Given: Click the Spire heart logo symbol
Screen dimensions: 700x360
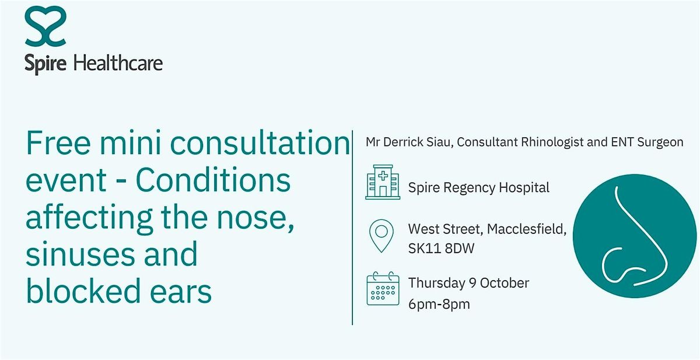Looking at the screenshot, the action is pos(45,26).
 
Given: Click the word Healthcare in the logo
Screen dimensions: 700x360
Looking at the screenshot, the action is pos(118,63).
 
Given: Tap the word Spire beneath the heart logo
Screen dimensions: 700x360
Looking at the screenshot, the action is pos(45,64).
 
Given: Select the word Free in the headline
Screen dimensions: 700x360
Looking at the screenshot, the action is pos(58,142).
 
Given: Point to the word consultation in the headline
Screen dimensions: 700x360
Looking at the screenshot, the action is pos(260,142).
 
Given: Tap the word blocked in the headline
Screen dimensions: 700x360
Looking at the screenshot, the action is pos(83,291).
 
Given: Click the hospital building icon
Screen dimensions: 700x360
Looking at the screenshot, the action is pos(383,182).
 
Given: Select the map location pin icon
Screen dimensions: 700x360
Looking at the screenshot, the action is pos(381,236).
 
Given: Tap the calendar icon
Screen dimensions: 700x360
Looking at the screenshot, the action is pos(383,288).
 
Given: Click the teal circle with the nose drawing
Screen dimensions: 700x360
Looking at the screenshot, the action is pos(635,236).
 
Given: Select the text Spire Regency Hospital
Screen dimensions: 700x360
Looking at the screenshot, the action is pos(479,188).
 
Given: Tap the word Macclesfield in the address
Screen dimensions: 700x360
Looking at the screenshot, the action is pos(527,229).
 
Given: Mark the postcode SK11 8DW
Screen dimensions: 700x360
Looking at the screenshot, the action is pos(441,249).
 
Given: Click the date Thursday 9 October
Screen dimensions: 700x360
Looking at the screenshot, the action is pos(469,283).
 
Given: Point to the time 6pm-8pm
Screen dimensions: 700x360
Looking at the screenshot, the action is pos(439,304).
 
